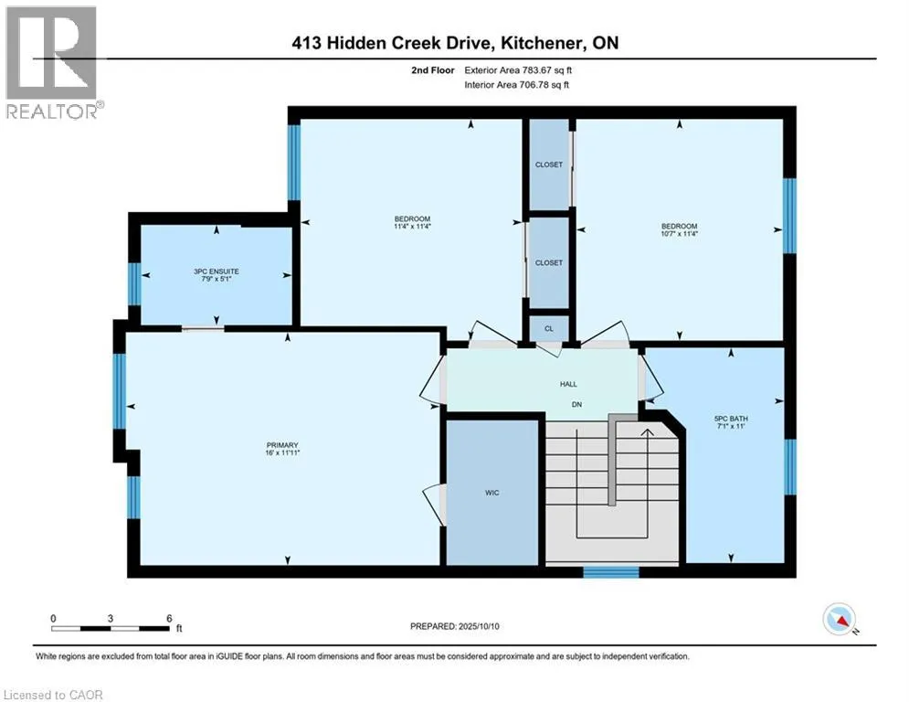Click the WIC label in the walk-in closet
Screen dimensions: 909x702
[491, 493]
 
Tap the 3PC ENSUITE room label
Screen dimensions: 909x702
[217, 271]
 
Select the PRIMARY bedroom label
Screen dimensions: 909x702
[282, 445]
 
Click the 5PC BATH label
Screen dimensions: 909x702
[731, 419]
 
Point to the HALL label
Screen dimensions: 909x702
[568, 384]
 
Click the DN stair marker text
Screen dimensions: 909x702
[576, 404]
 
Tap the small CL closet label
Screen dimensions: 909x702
[548, 328]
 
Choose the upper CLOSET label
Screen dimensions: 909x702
[548, 165]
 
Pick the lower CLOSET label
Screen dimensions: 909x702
[548, 263]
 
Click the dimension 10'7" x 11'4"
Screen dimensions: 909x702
[680, 234]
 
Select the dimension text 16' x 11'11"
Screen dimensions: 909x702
[282, 452]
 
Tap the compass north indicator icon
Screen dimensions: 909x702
[840, 620]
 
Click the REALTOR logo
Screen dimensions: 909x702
[51, 63]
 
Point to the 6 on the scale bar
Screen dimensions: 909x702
[169, 619]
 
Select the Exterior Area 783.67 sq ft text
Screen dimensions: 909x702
[518, 70]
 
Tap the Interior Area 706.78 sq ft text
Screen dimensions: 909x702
[516, 85]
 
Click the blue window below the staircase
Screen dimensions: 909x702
[611, 572]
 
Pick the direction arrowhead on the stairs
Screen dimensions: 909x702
[647, 431]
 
